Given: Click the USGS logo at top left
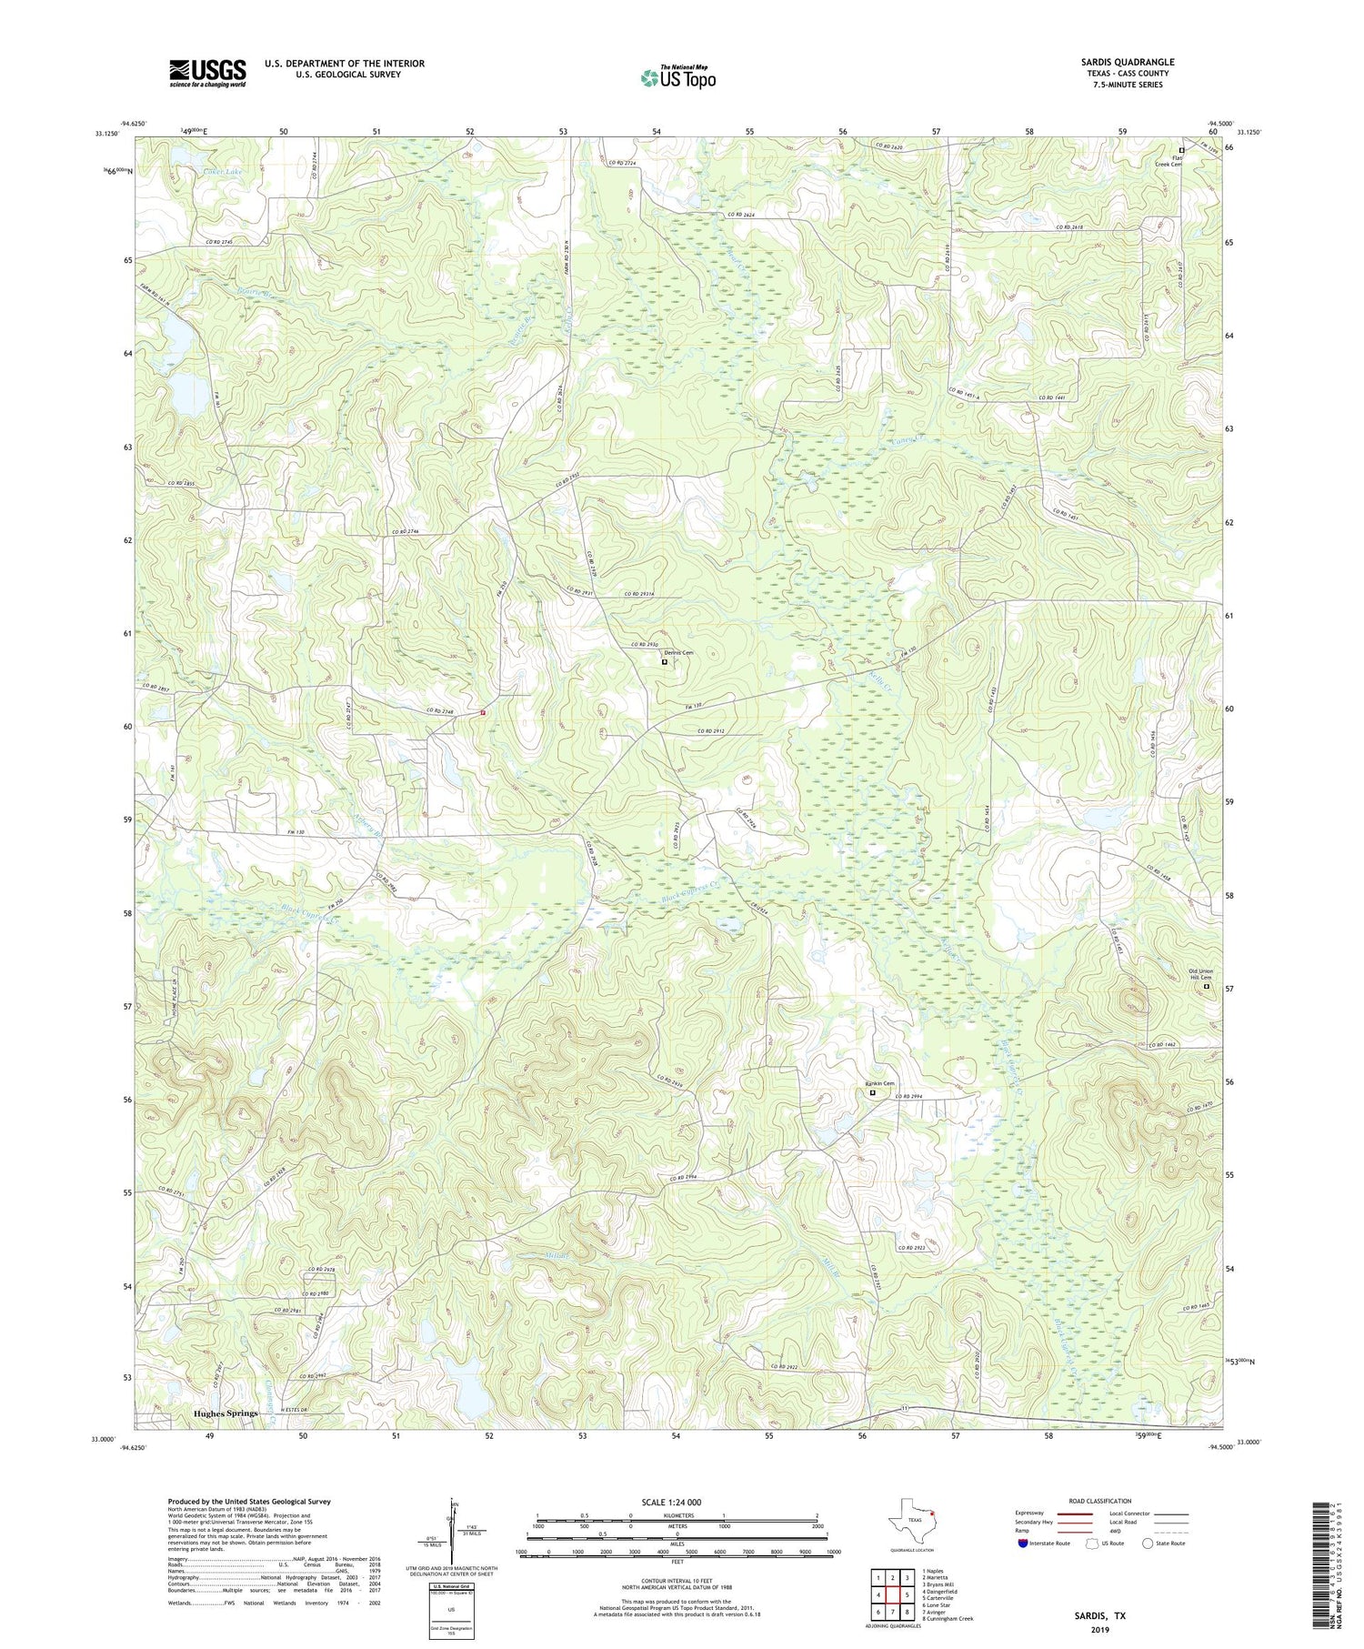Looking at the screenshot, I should [x=207, y=72].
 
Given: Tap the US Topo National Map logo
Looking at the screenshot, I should [x=677, y=77].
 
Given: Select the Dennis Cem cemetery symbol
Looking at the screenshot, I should [x=664, y=662].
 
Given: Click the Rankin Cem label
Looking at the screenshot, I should [x=879, y=1083].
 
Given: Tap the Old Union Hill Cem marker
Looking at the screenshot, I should [x=1207, y=986].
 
